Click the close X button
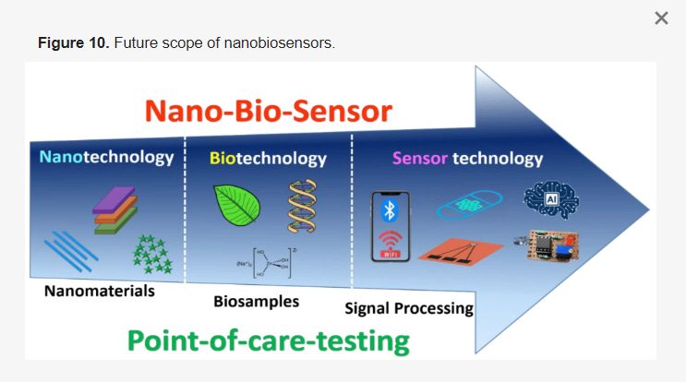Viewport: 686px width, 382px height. pos(661,18)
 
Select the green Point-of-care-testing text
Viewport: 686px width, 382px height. pos(268,340)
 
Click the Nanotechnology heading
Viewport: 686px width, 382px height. pos(106,157)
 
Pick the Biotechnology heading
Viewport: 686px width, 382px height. pos(268,158)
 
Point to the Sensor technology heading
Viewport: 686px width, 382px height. pos(468,158)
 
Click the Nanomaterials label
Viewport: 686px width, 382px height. pos(98,292)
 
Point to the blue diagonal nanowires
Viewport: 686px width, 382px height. pos(70,251)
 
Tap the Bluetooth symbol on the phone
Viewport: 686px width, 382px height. pos(390,211)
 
